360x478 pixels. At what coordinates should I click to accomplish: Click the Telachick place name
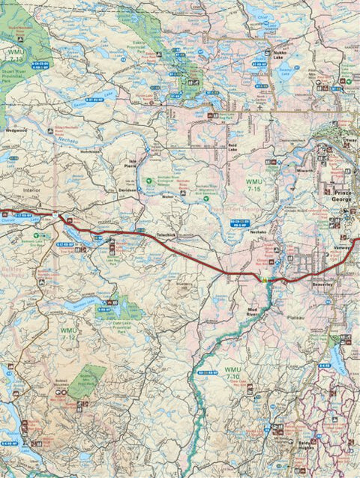tap(166, 236)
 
